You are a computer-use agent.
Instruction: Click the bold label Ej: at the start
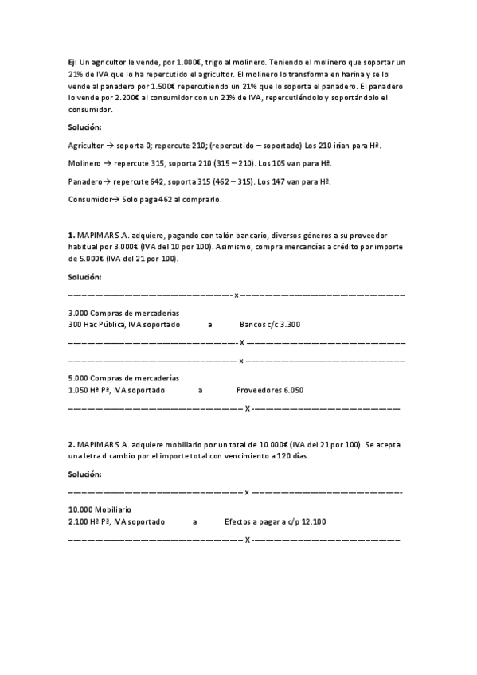(72, 61)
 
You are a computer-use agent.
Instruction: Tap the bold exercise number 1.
(71, 236)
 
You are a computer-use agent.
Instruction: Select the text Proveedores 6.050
(269, 391)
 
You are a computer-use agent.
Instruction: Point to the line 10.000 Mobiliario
(100, 509)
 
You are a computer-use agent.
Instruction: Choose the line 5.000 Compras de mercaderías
(123, 378)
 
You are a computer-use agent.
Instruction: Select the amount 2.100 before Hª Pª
(78, 521)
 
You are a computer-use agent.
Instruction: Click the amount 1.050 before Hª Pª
(78, 391)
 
